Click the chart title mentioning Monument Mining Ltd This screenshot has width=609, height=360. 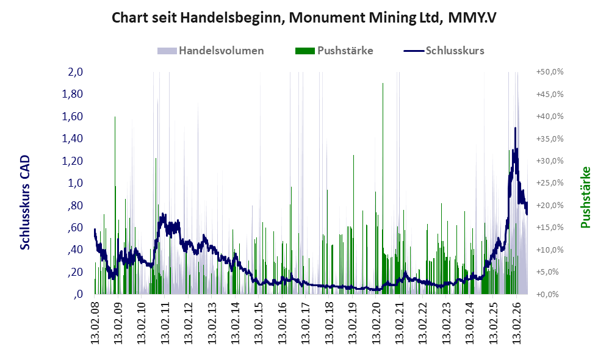(304, 18)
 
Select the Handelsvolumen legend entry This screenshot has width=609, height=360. (211, 51)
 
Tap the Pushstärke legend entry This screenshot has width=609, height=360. (334, 51)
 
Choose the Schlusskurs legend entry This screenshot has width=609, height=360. (444, 51)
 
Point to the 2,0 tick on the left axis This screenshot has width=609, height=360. (75, 72)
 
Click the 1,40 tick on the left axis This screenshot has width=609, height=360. (73, 139)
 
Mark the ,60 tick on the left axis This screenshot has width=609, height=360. (75, 227)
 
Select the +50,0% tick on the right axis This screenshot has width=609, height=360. (550, 72)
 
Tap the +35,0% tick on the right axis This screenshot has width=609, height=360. (550, 139)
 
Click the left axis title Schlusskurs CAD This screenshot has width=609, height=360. (25, 203)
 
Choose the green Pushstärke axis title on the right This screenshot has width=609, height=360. (585, 197)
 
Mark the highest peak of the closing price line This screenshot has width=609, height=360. (516, 128)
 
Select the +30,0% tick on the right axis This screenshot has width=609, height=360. (550, 160)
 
